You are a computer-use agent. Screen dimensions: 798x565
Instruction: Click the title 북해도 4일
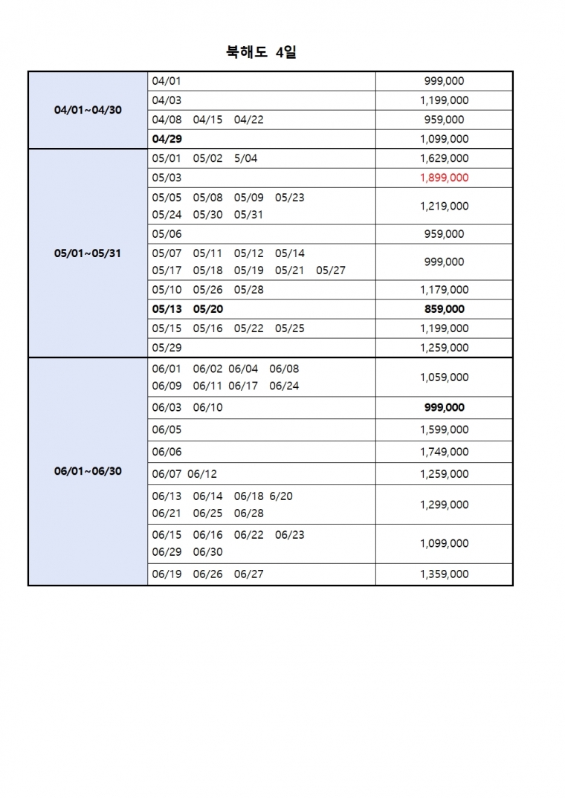(x=261, y=52)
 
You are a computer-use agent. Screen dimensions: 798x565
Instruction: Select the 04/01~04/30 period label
(x=88, y=110)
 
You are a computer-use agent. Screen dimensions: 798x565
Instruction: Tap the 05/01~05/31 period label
(x=88, y=253)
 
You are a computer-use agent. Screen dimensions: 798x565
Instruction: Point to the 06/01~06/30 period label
(x=88, y=472)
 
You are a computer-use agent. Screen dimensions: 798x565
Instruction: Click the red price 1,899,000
(x=444, y=178)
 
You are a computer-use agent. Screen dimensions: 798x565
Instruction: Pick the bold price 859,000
(x=444, y=309)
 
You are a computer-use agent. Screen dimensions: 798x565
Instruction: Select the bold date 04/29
(x=167, y=139)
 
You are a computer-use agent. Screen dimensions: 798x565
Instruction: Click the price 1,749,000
(x=444, y=452)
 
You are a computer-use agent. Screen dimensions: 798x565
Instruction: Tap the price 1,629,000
(x=444, y=158)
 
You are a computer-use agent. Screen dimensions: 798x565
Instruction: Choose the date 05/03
(x=167, y=178)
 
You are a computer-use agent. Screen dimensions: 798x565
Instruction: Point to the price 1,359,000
(x=444, y=574)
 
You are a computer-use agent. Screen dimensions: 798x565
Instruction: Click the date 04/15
(x=207, y=120)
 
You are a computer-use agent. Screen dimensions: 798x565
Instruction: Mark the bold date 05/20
(x=207, y=309)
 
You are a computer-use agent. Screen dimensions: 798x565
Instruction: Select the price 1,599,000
(x=444, y=429)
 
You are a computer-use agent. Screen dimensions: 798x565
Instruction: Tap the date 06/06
(x=167, y=452)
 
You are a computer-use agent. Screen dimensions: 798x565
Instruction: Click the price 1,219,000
(x=444, y=206)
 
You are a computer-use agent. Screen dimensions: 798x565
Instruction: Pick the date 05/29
(x=167, y=348)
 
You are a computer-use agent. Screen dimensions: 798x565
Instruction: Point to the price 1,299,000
(x=444, y=505)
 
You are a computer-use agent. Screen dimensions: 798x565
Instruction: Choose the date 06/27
(x=248, y=574)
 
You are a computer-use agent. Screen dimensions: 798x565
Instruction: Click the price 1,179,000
(x=444, y=290)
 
